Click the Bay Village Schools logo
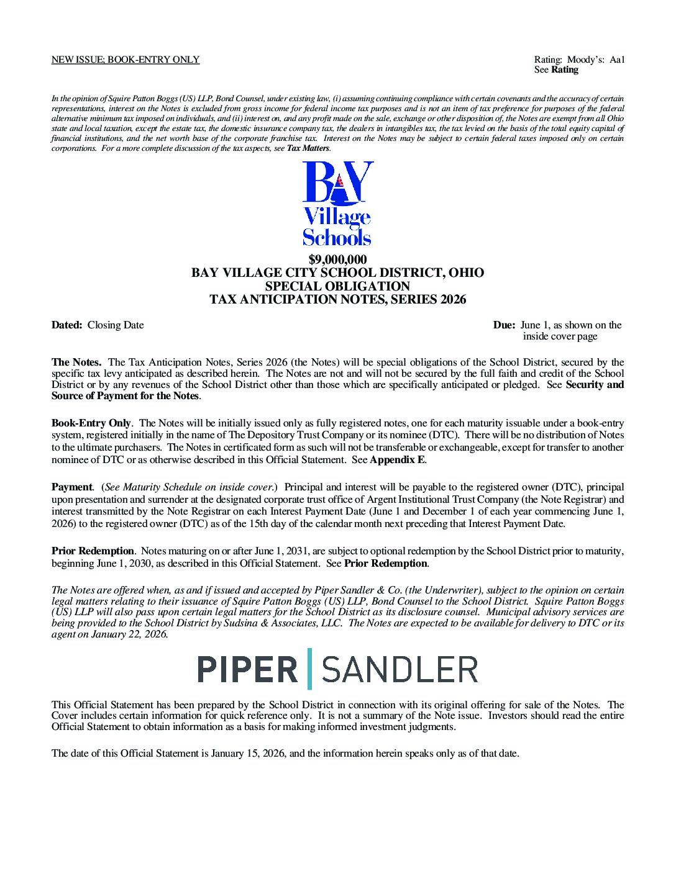(337, 203)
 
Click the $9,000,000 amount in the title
(337, 259)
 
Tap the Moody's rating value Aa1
(616, 60)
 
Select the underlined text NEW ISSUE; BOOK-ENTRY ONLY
(125, 60)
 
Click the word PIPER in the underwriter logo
(247, 669)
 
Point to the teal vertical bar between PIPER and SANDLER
(310, 669)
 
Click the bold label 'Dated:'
(66, 325)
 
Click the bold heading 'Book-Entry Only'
(91, 423)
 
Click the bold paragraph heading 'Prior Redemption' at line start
(93, 551)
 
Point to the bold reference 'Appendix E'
(398, 461)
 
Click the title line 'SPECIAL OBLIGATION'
(337, 287)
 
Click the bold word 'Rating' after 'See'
(565, 70)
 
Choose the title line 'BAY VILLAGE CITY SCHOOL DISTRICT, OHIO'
(337, 273)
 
